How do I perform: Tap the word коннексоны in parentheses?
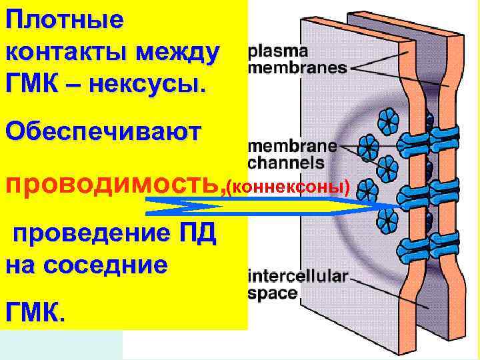coord(288,185)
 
